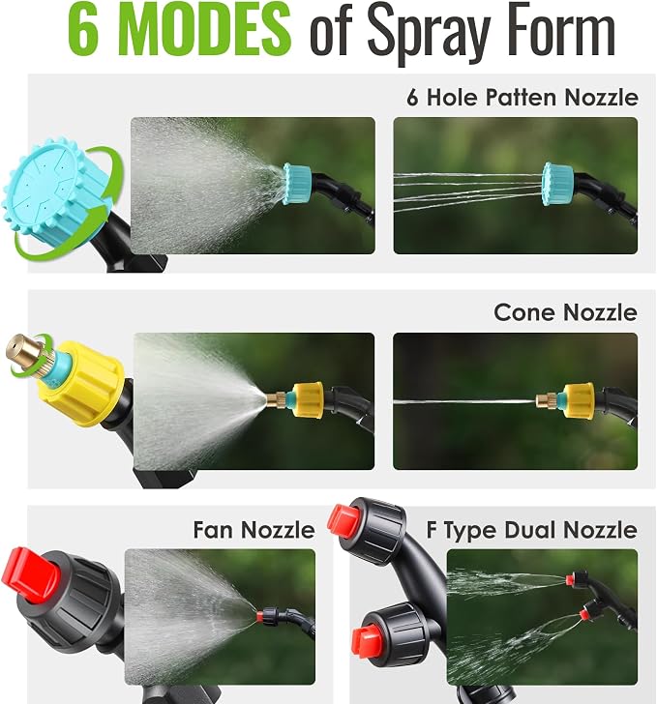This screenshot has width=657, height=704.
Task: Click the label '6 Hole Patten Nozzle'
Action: click(523, 97)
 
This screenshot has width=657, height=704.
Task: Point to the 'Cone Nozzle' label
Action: click(565, 312)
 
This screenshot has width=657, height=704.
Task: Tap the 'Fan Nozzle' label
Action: click(254, 530)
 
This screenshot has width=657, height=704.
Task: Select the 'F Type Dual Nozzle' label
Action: click(531, 530)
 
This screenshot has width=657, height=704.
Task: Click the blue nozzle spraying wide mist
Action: click(297, 184)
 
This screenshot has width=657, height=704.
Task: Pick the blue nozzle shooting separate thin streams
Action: click(557, 184)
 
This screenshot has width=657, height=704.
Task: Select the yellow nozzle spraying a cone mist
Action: click(308, 400)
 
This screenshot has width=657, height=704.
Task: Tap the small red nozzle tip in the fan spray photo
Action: click(259, 616)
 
